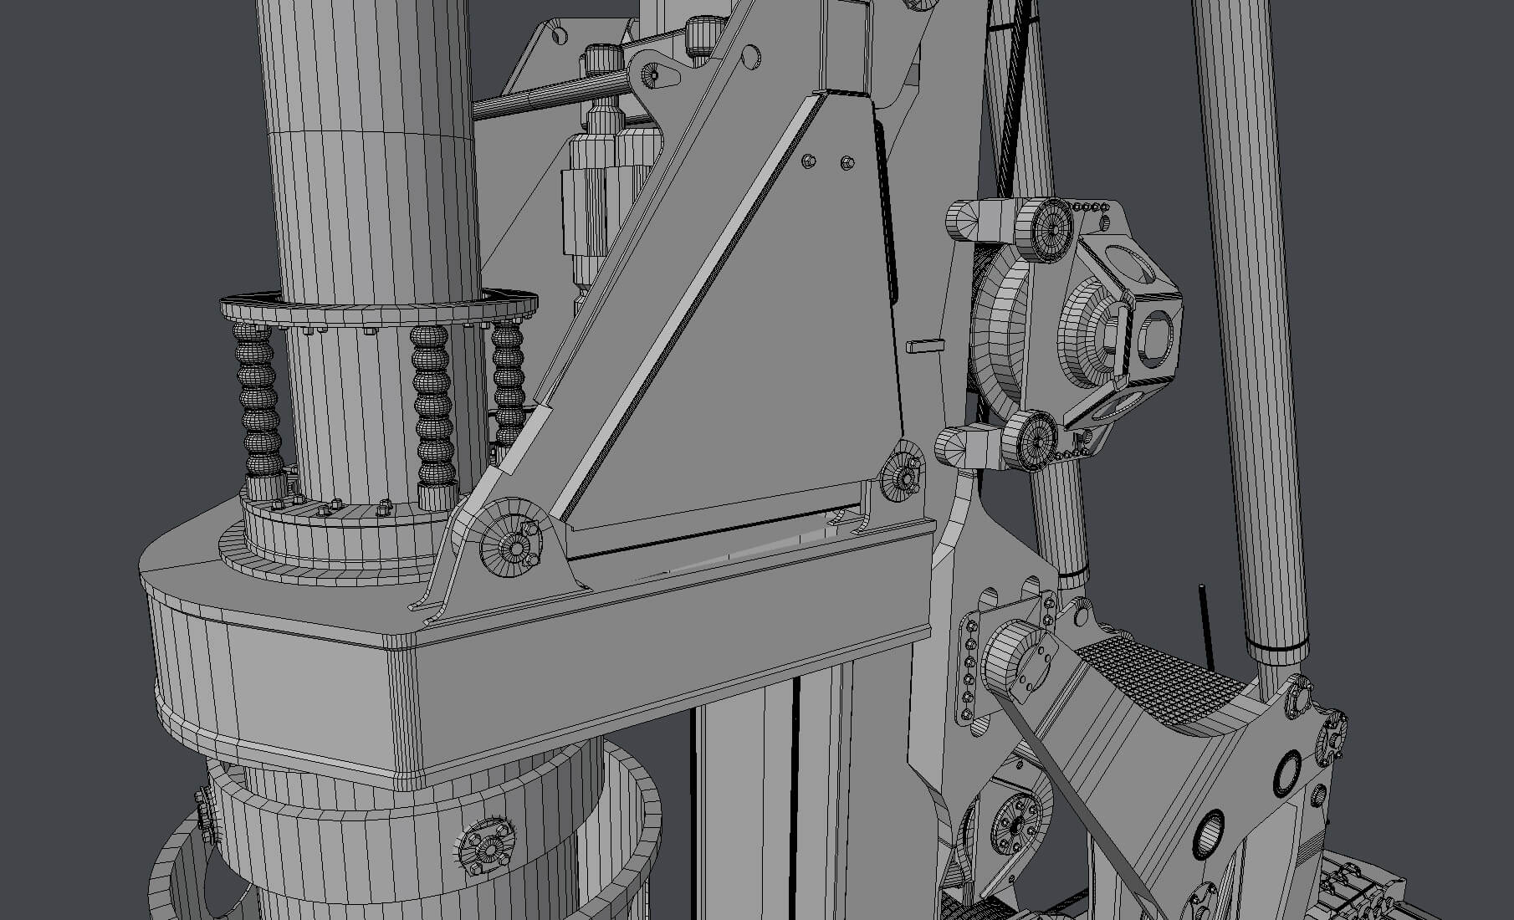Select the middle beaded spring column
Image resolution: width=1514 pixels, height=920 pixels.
[432, 410]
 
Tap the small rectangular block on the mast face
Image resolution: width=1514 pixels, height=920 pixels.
[924, 344]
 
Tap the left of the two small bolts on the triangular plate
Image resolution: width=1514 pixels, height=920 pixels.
[808, 160]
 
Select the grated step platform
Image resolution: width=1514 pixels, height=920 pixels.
[1163, 677]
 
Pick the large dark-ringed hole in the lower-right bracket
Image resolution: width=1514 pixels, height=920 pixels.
[1286, 773]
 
